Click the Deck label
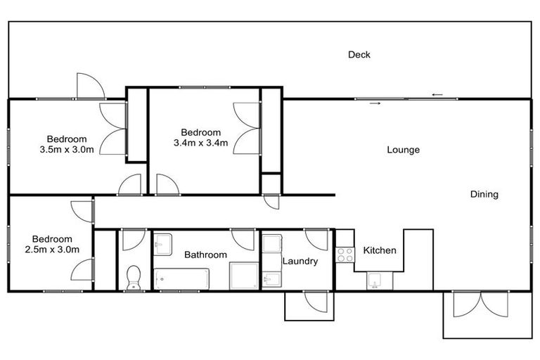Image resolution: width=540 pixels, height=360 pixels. click(x=359, y=55)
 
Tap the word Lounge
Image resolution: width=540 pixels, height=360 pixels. click(x=404, y=150)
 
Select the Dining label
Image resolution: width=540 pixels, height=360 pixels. click(x=484, y=195)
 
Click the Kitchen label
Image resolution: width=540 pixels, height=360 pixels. click(x=380, y=250)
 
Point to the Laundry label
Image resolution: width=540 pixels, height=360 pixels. click(x=300, y=261)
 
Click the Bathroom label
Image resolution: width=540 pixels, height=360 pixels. click(x=205, y=255)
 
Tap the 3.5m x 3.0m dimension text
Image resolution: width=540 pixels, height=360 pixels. click(x=67, y=149)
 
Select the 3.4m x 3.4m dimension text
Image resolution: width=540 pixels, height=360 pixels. click(x=201, y=143)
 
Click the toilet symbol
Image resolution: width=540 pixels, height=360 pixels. click(x=134, y=278)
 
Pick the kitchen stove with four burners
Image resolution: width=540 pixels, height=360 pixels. click(x=345, y=255)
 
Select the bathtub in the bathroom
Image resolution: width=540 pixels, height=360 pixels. click(x=182, y=278)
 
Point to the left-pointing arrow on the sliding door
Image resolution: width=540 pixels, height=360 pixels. click(x=437, y=95)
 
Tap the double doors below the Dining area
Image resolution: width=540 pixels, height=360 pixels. click(x=480, y=304)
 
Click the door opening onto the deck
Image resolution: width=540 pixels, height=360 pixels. click(x=90, y=86)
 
